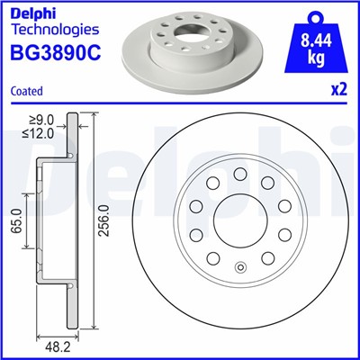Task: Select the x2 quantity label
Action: click(337, 90)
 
